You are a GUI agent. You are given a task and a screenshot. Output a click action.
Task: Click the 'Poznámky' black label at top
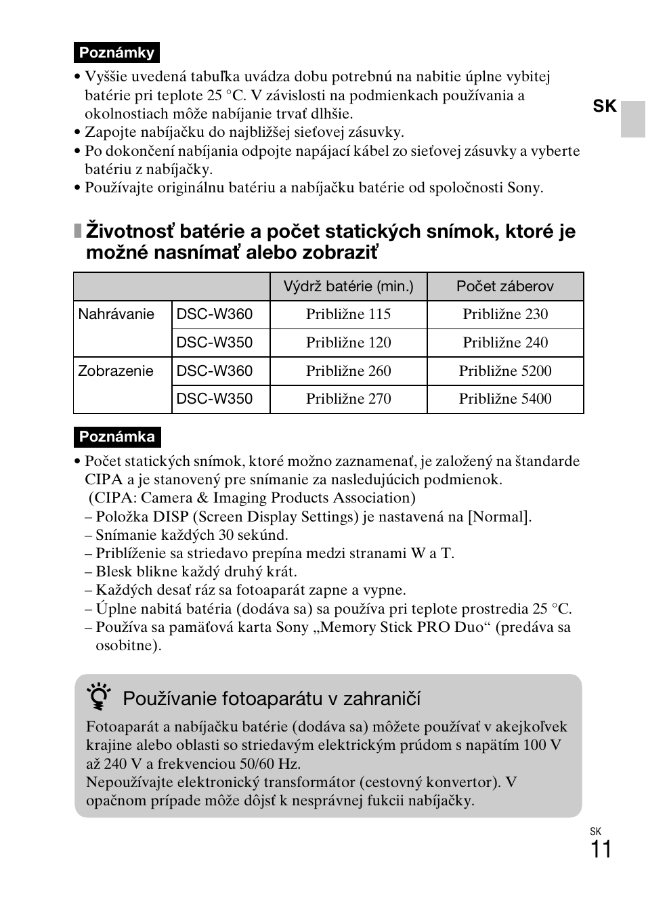click(x=116, y=53)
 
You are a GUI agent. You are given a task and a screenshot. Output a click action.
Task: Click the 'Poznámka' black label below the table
click(x=116, y=437)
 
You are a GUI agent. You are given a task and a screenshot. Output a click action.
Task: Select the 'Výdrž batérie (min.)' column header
click(x=348, y=287)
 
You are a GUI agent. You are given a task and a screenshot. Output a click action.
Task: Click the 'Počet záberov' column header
click(x=504, y=287)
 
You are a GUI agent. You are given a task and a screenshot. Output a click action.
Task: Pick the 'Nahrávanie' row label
click(x=116, y=314)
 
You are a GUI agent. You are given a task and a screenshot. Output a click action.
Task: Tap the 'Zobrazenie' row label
click(x=116, y=371)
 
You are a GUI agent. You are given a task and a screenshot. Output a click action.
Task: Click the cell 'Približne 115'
click(x=348, y=314)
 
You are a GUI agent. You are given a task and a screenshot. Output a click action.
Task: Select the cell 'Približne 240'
click(x=505, y=343)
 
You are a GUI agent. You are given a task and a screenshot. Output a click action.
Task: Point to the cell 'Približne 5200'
click(x=505, y=371)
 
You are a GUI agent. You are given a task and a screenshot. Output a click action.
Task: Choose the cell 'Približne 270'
click(x=348, y=399)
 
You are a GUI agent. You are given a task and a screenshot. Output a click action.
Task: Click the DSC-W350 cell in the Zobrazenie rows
click(x=215, y=399)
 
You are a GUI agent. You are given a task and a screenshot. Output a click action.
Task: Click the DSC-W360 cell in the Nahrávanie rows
click(x=215, y=314)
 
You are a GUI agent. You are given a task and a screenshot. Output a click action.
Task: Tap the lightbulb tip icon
click(x=99, y=698)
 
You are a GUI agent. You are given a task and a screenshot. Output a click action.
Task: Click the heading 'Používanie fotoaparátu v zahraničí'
click(x=272, y=699)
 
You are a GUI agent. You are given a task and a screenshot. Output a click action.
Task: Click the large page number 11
click(x=601, y=849)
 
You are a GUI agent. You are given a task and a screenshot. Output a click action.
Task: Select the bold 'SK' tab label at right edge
click(x=605, y=106)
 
